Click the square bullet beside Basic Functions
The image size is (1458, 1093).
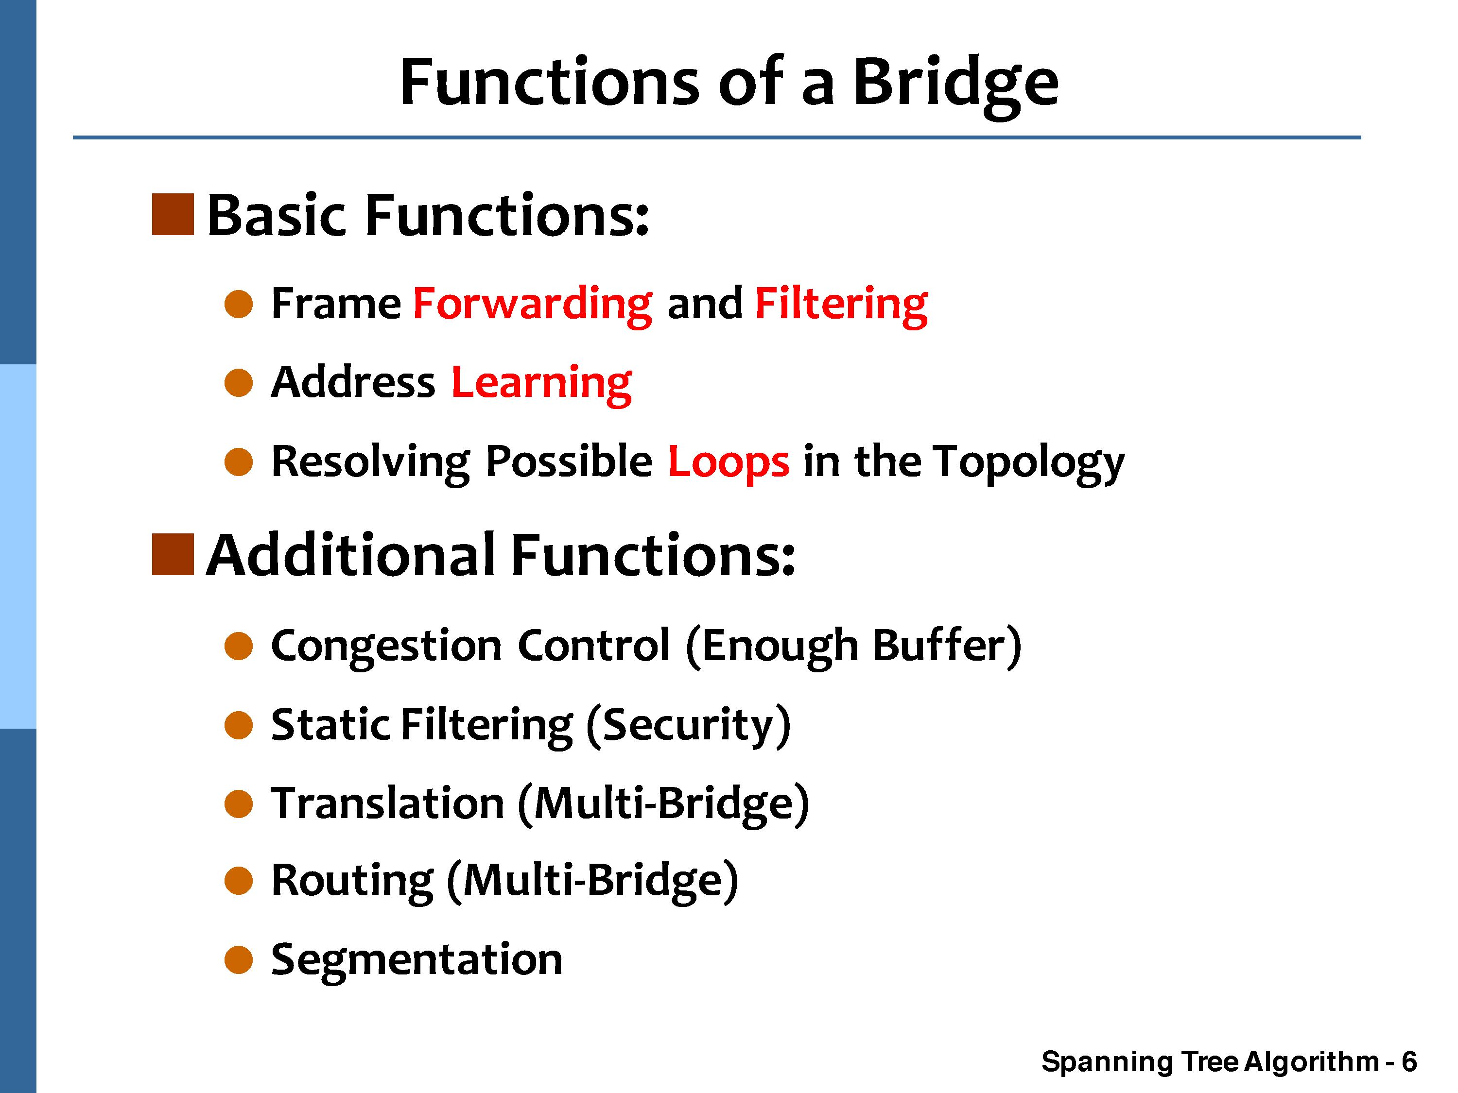tap(173, 214)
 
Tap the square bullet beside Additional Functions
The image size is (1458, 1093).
tap(173, 554)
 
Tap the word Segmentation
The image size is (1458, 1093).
tap(417, 959)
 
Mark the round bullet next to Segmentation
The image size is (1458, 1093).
tap(239, 960)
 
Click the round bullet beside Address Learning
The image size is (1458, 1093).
tap(239, 383)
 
